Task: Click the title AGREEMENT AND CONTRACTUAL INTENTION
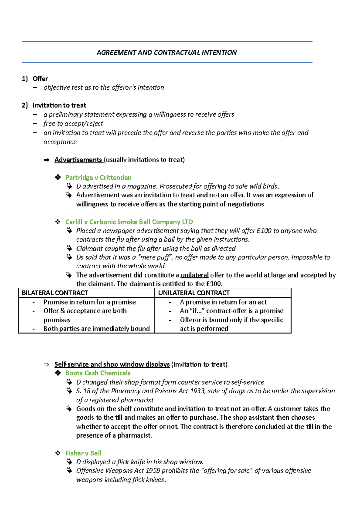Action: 166,53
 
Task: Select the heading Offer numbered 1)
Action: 40,79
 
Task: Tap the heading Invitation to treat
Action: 59,106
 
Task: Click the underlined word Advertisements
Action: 78,160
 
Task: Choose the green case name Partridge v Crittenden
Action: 98,177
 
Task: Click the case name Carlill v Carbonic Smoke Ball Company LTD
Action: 129,222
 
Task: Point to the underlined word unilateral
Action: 194,275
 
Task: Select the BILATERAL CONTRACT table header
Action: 55,293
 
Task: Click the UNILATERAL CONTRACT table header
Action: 194,293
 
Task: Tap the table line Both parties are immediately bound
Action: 96,329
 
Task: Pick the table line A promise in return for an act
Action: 223,302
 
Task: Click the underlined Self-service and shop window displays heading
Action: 112,365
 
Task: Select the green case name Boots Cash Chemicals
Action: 98,373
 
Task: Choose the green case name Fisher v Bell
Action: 83,453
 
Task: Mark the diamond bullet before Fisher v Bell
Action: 58,453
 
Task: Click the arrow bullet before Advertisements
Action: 46,160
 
